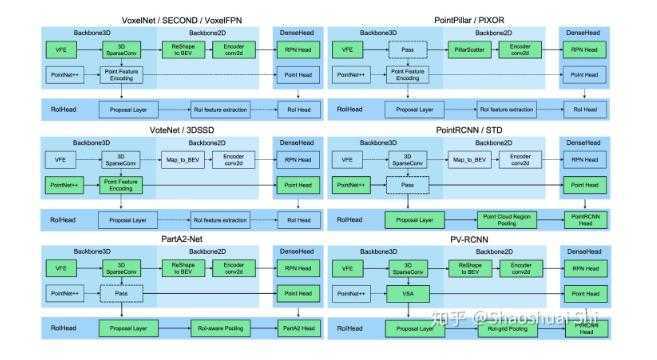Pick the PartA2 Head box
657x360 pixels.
click(x=296, y=326)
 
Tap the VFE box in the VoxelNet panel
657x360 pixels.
click(x=60, y=48)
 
